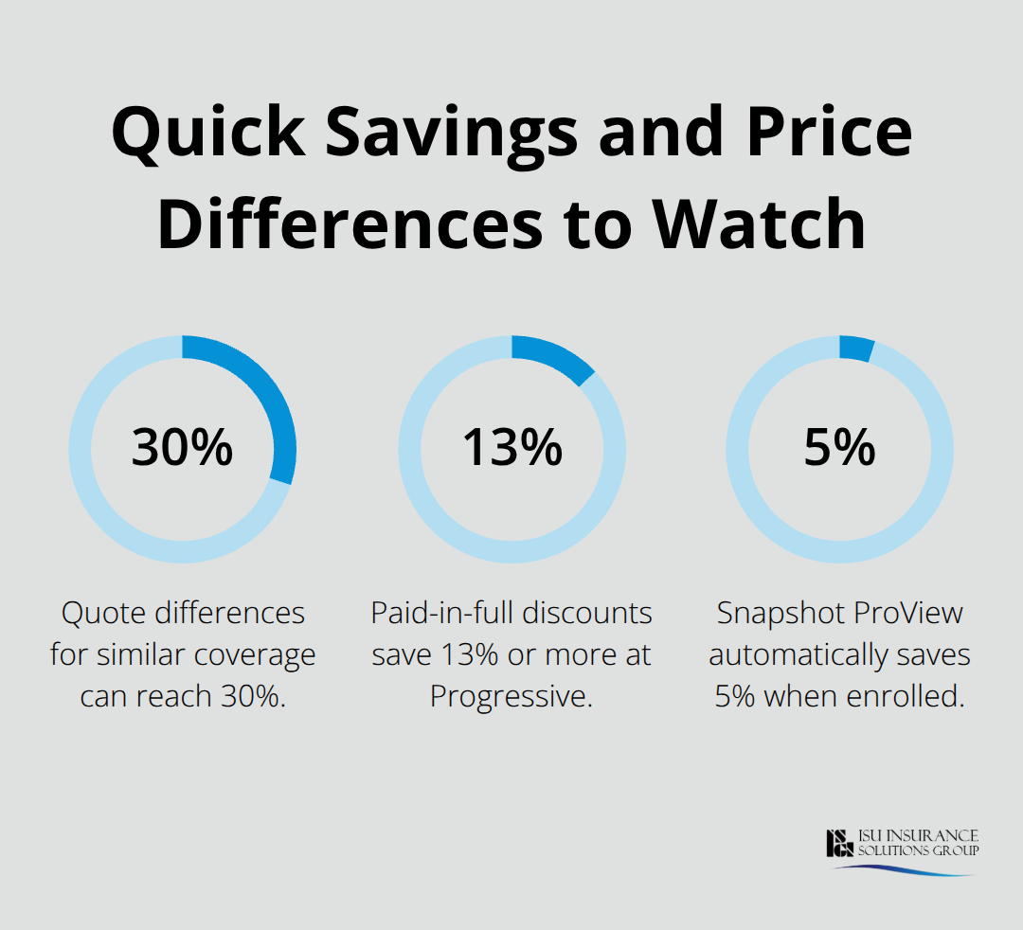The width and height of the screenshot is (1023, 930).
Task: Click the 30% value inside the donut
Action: tap(182, 447)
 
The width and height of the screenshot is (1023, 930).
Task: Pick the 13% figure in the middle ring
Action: tap(511, 447)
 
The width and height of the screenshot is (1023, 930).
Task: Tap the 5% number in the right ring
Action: tap(839, 447)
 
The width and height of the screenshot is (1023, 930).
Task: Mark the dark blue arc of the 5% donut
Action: tap(855, 349)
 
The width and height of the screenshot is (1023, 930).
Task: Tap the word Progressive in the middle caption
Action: tap(511, 697)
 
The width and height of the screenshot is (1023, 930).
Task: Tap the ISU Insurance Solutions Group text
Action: tap(918, 842)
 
